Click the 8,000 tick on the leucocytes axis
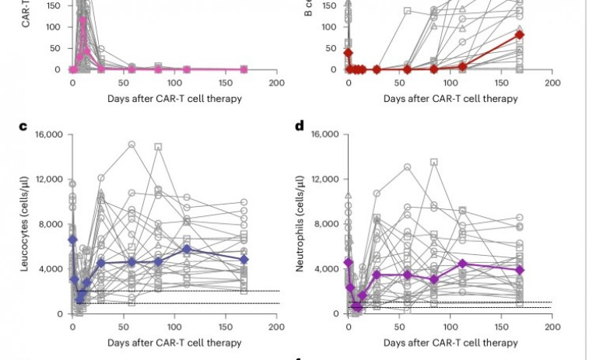[51, 224]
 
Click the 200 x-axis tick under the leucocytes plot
[275, 327]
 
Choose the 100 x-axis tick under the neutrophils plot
[450, 327]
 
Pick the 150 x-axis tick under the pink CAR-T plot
[225, 82]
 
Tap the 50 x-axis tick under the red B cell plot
[400, 82]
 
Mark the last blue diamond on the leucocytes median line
[244, 259]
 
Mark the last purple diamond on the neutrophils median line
[521, 270]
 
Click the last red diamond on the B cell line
[520, 34]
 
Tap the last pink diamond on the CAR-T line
[244, 69]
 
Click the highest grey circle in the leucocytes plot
[132, 145]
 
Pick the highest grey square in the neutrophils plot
[434, 162]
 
